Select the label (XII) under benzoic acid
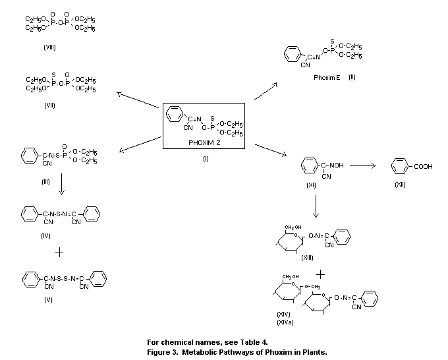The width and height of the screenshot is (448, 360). point(400,185)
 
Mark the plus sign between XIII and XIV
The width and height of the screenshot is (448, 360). point(322,273)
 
